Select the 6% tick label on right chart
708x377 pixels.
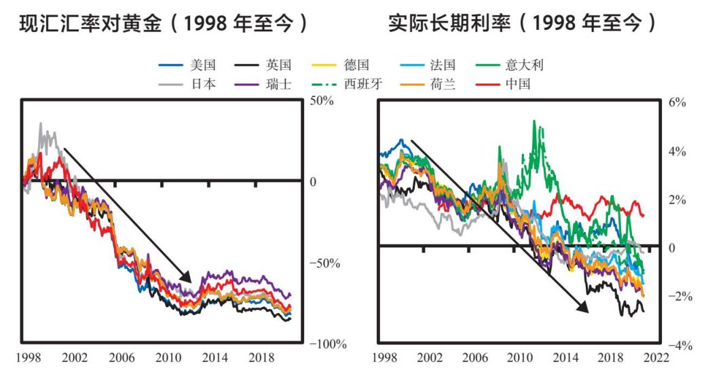[677, 103]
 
